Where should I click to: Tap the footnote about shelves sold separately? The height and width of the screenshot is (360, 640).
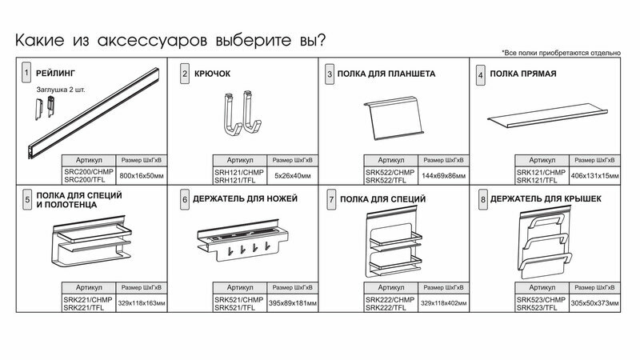coord(561,52)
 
